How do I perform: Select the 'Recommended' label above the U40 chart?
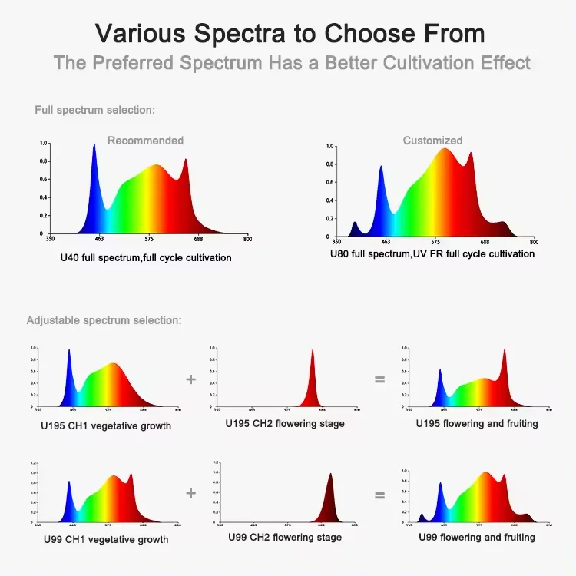(145, 141)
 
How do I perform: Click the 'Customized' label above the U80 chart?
(432, 141)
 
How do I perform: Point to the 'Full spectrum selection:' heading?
(94, 110)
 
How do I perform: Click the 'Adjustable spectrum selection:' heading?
(104, 320)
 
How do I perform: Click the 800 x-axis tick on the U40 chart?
(247, 240)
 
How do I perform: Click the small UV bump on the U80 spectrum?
(355, 225)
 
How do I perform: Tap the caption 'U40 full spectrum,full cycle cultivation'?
(146, 258)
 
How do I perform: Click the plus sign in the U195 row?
(190, 379)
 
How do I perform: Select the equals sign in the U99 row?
(379, 495)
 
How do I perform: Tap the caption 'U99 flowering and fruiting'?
(476, 538)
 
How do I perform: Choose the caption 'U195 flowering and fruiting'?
(476, 424)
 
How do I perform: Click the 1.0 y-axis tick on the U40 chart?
(43, 144)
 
